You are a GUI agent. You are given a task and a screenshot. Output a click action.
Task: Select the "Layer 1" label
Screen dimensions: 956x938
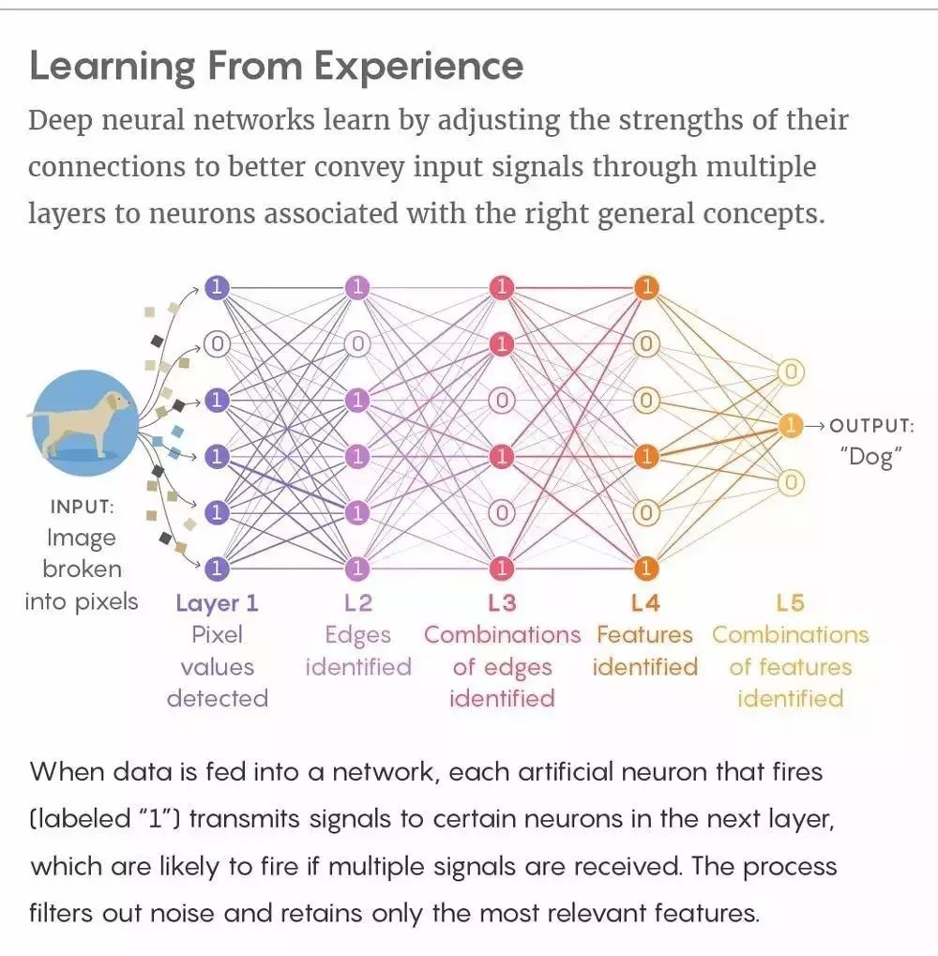coord(217,602)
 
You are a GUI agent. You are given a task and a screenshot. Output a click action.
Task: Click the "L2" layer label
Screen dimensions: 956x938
coord(357,602)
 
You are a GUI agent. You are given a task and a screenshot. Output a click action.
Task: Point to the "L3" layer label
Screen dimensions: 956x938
coord(502,602)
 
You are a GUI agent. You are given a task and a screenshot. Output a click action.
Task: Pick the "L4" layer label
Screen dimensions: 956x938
coord(645,602)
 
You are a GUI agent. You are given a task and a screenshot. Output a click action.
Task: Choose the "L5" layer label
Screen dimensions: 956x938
coord(790,602)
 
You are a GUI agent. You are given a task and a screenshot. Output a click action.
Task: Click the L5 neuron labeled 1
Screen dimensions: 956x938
coord(791,426)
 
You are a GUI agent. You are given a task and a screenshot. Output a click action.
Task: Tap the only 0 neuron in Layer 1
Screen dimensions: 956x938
coord(217,344)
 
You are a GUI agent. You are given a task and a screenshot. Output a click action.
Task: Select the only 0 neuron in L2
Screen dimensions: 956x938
coord(357,344)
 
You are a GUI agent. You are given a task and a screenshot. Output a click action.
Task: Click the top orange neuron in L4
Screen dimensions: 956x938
coord(645,287)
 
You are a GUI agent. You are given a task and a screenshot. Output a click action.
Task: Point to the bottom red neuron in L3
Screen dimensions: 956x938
coord(502,568)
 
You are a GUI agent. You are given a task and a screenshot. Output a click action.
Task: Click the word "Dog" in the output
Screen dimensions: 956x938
coord(871,457)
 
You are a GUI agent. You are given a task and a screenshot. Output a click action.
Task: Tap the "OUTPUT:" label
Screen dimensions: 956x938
coord(871,426)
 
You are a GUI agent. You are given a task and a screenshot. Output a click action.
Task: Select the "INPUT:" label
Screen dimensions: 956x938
coord(82,507)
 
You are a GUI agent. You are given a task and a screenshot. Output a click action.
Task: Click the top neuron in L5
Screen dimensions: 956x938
coord(791,372)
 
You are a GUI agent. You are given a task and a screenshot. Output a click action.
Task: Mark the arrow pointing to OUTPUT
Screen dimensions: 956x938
coord(815,426)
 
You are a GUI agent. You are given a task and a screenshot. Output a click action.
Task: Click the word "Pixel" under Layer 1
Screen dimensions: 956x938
coord(217,635)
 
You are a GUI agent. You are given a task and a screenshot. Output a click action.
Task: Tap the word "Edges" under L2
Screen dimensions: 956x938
coord(357,635)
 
